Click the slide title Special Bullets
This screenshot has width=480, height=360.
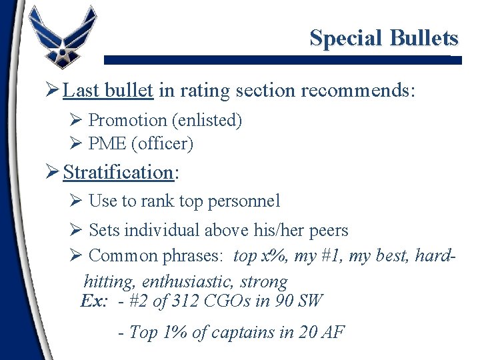[x=383, y=38]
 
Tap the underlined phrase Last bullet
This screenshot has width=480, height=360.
[x=109, y=90]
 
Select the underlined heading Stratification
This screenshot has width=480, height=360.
[x=119, y=172]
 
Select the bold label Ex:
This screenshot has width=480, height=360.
[x=93, y=301]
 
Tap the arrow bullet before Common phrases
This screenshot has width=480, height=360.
[x=75, y=255]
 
